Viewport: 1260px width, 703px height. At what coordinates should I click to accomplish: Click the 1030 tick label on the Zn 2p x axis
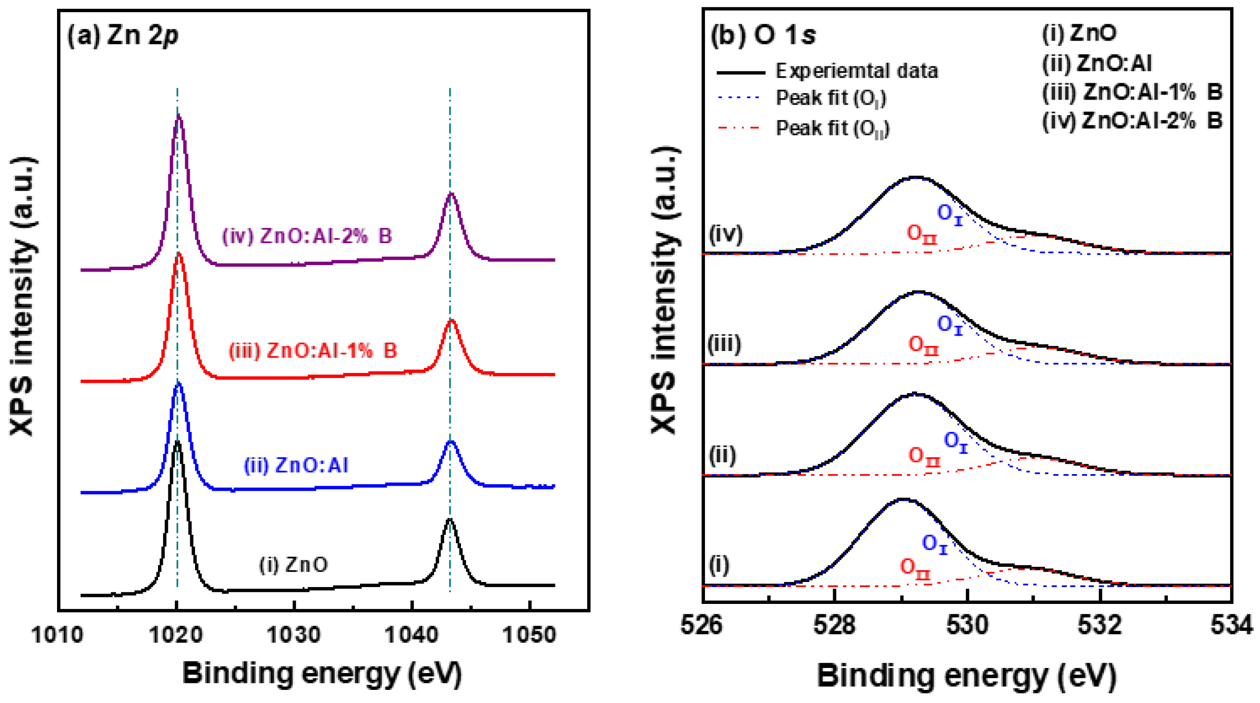click(x=294, y=635)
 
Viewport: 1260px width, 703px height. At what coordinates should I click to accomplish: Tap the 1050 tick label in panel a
click(x=530, y=635)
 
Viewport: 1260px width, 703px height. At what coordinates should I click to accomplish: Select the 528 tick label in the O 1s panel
click(x=835, y=625)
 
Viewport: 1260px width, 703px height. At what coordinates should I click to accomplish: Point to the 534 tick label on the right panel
click(x=1231, y=625)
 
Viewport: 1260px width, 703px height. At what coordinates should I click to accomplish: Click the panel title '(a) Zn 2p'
click(x=123, y=36)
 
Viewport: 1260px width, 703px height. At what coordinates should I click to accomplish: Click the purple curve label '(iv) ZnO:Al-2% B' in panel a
click(x=307, y=236)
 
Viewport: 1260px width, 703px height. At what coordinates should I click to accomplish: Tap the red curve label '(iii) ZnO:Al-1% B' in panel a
click(x=313, y=351)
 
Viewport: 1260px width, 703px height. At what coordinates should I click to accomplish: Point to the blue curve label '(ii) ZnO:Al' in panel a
click(x=296, y=465)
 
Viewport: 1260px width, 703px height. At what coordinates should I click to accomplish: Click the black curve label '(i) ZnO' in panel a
click(x=294, y=565)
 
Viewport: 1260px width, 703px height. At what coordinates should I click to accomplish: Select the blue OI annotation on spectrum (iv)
click(x=950, y=213)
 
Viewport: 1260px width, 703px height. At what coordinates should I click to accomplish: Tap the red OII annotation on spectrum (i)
click(x=915, y=568)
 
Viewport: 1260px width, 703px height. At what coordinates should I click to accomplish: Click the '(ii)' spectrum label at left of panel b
click(x=722, y=455)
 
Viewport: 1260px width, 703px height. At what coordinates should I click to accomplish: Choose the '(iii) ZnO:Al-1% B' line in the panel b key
click(x=1132, y=92)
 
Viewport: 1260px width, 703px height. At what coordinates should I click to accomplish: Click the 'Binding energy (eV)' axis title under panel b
click(x=966, y=676)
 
